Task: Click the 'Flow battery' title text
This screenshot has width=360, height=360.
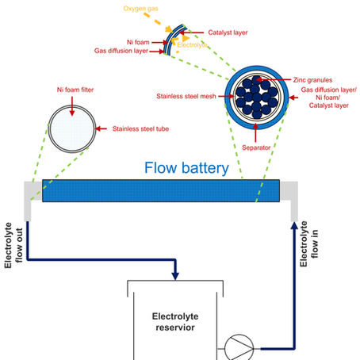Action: coord(186,168)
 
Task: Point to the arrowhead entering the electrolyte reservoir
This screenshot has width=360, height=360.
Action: coord(174,274)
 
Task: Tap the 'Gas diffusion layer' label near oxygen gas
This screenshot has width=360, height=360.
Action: coord(126,50)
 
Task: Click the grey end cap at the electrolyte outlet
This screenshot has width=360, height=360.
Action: coord(33,191)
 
